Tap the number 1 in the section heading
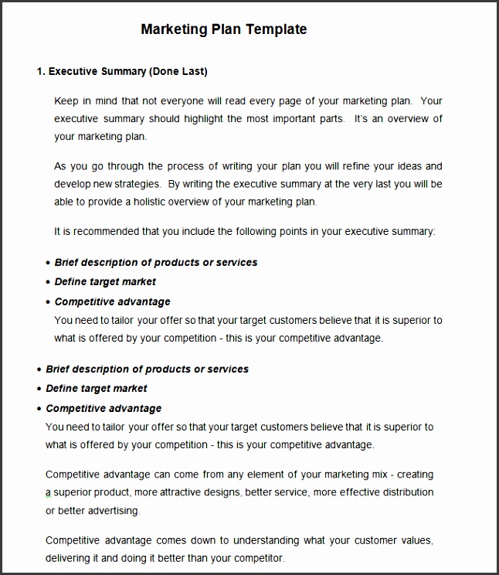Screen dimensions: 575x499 tap(39, 72)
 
